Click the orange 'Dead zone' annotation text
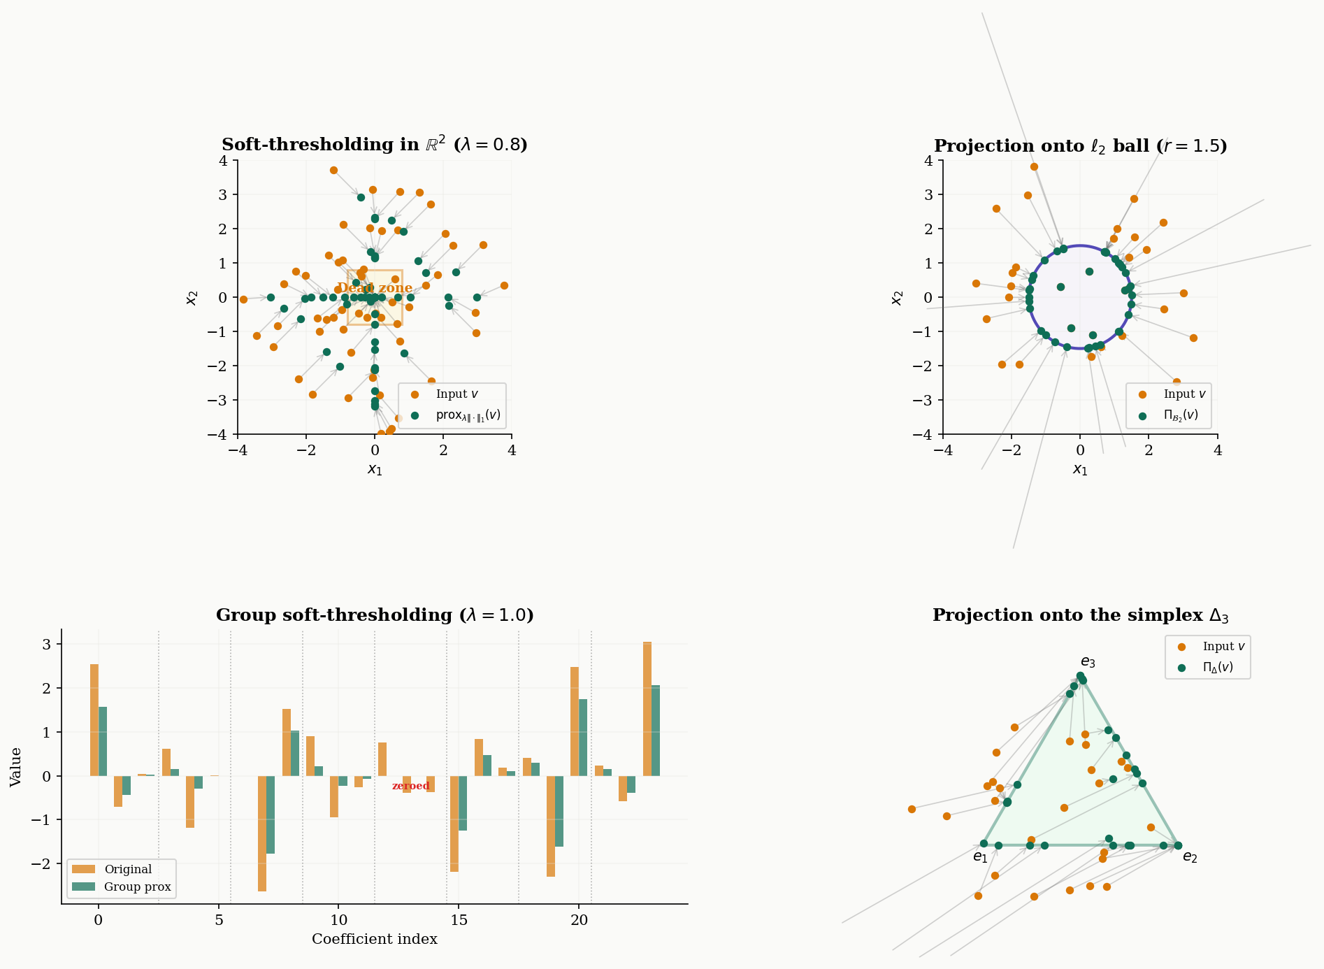[x=375, y=288]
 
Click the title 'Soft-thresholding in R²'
[x=374, y=145]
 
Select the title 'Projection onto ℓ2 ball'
[x=1080, y=146]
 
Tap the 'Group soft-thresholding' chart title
[x=374, y=615]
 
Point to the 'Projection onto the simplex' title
[x=1080, y=615]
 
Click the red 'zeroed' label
[x=410, y=787]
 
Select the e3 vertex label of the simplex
[x=1088, y=662]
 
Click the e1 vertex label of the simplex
[x=980, y=857]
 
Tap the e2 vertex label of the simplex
[x=1190, y=858]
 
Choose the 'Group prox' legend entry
[x=137, y=887]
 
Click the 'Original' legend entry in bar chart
[x=128, y=870]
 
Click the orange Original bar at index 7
[x=262, y=833]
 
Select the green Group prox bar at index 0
[x=103, y=741]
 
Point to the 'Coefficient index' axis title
[x=374, y=940]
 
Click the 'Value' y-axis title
[x=16, y=767]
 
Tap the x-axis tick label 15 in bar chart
[x=459, y=921]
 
